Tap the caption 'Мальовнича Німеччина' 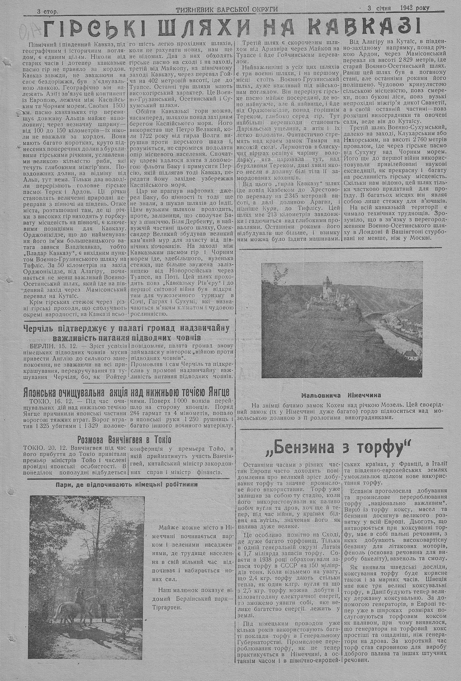[x=342, y=395]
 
